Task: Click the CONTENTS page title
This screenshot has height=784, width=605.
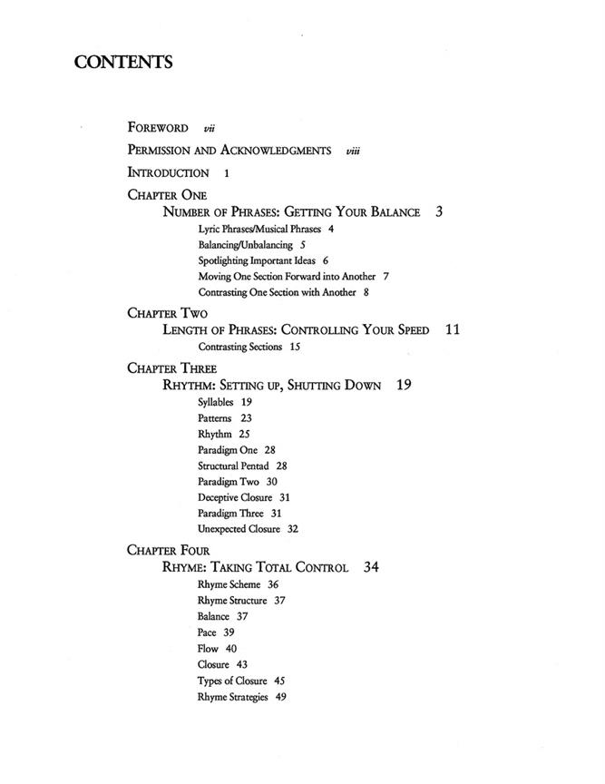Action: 122,63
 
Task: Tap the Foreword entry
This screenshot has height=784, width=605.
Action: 159,128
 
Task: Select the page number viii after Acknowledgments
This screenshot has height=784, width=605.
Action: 353,151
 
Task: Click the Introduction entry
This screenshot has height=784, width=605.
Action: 169,172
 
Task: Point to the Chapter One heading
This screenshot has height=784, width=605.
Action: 167,194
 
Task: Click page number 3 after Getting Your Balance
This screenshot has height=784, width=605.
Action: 439,212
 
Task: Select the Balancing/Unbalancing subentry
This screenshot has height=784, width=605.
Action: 245,245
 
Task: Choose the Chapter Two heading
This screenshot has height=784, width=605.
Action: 167,313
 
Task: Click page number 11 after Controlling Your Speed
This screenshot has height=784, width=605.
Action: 453,330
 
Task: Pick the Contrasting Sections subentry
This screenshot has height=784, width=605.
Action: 240,347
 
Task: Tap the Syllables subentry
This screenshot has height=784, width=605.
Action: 216,402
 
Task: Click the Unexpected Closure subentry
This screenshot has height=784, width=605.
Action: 239,528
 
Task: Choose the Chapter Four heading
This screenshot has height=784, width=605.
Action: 169,550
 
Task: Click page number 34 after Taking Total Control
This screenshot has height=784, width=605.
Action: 371,568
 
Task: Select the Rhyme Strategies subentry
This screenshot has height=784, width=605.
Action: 235,697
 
